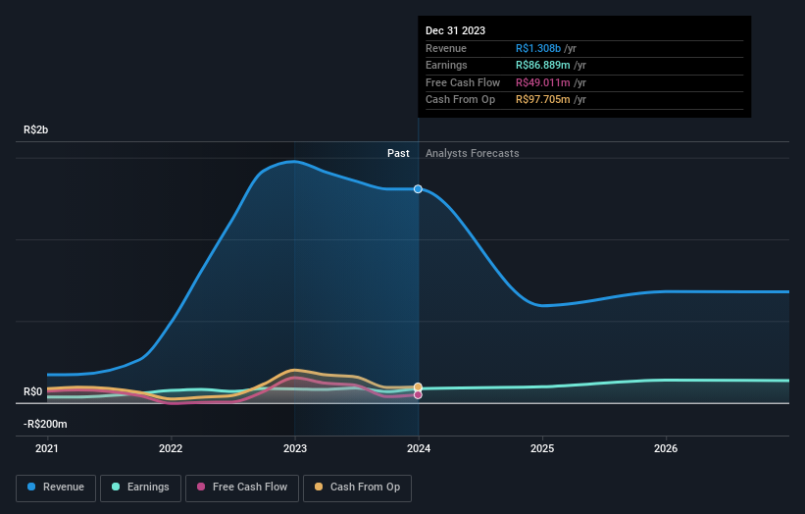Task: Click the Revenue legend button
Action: point(56,487)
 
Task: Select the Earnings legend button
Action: point(140,487)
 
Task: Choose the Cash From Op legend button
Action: point(358,487)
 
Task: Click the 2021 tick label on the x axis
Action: point(47,449)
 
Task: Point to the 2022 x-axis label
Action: point(171,449)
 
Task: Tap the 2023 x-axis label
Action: point(295,449)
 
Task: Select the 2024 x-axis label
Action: point(419,449)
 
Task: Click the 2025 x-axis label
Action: point(542,449)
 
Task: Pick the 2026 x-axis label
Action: point(666,449)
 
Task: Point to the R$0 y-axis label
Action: point(33,391)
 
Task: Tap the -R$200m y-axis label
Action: point(46,424)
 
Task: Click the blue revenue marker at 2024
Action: point(419,188)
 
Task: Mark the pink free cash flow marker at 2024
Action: point(419,395)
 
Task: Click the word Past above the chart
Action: point(398,153)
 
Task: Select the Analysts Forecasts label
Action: point(472,153)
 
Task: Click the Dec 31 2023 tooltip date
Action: point(455,31)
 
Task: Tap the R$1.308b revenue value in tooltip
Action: point(538,49)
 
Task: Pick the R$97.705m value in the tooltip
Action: point(543,99)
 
